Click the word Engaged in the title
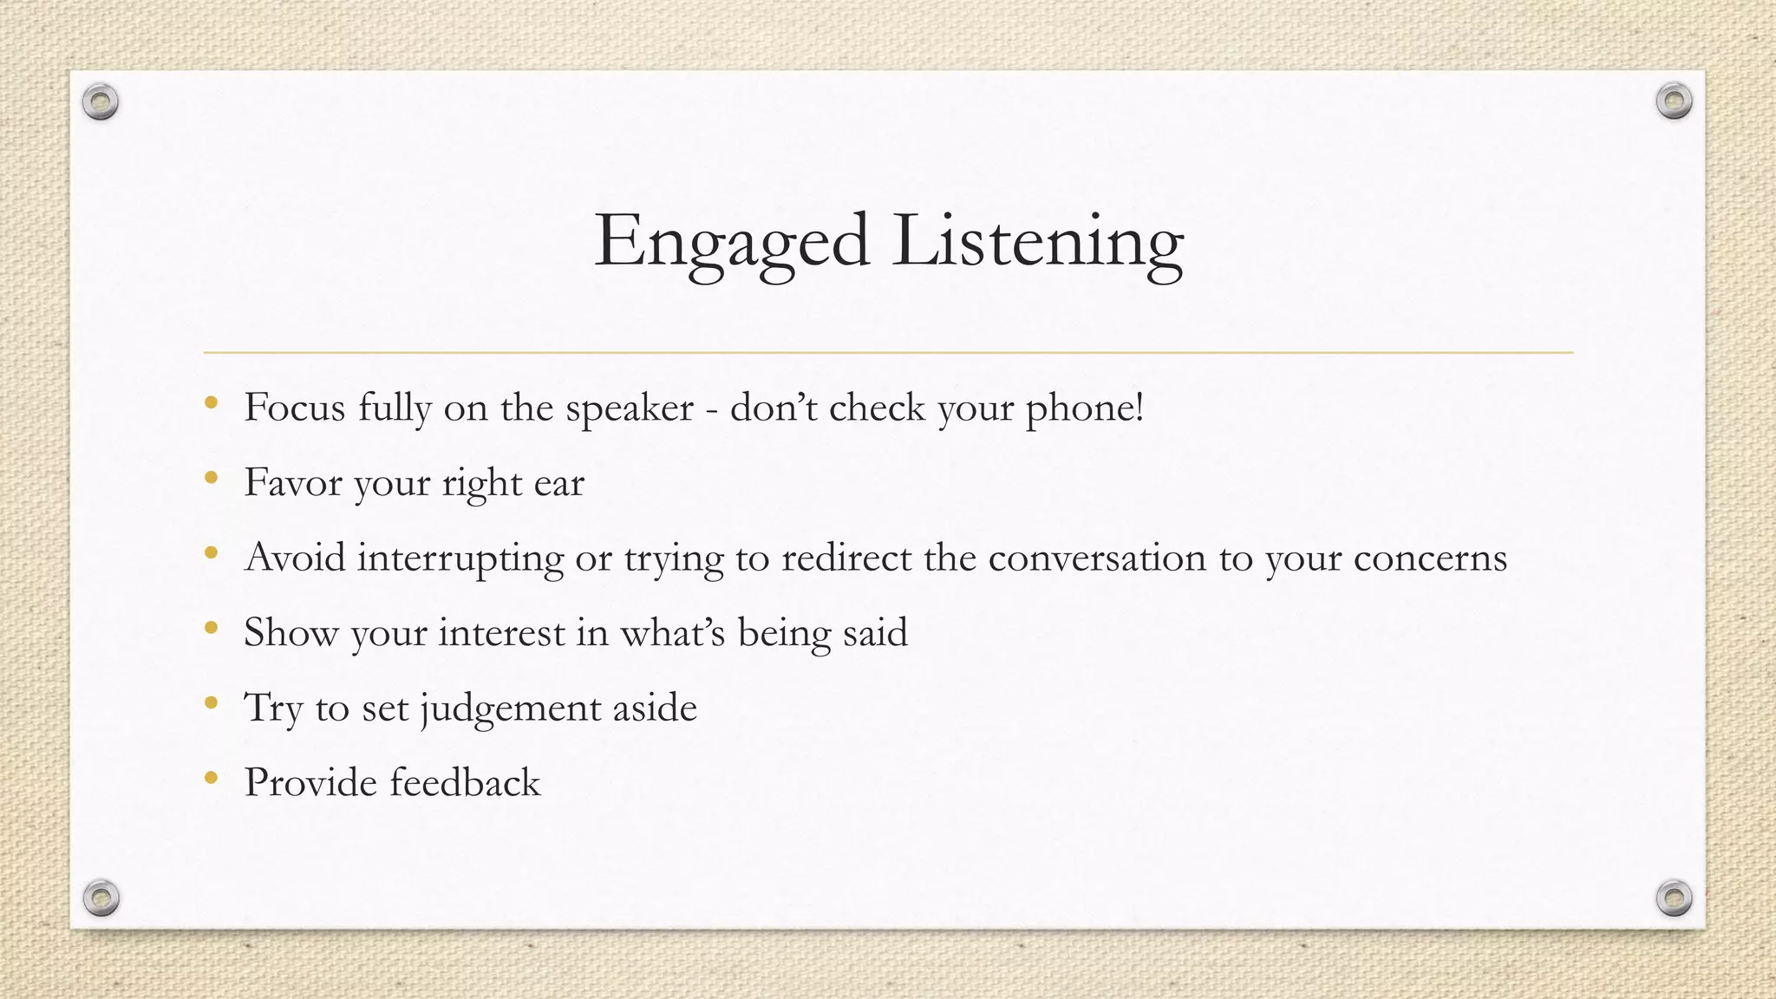point(731,242)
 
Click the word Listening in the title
point(1037,242)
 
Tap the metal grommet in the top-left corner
point(101,102)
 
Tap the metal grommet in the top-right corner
point(1674,101)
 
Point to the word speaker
point(630,408)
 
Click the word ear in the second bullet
point(558,483)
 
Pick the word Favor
point(293,483)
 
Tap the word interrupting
point(460,558)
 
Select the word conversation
point(1097,558)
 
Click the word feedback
point(465,782)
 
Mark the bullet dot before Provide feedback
point(211,778)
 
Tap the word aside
point(655,708)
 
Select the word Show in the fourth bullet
point(291,632)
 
